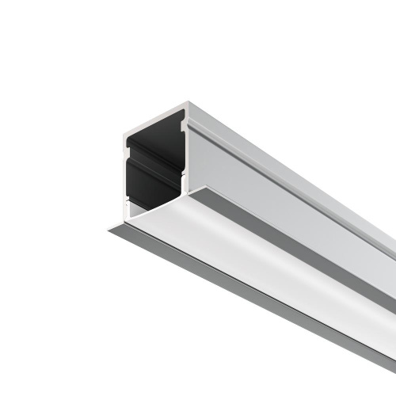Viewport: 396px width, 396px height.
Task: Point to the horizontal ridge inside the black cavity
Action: pyautogui.click(x=155, y=162)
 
